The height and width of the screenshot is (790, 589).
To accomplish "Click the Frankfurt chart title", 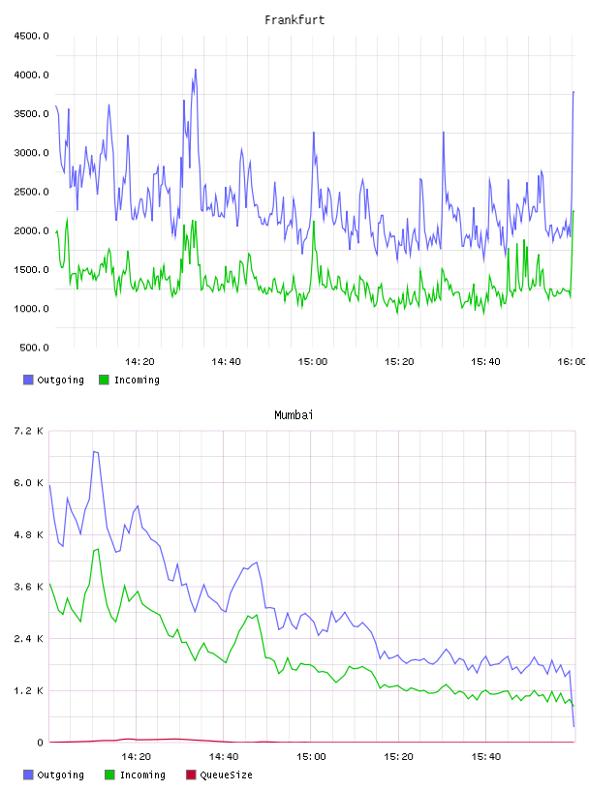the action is (x=294, y=19).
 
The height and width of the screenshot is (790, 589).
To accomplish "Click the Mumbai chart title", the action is (x=294, y=414).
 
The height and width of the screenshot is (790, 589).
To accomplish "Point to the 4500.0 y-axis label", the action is (x=31, y=36).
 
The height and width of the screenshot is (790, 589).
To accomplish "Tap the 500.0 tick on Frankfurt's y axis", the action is (x=34, y=348).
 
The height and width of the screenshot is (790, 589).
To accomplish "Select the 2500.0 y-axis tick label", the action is (x=31, y=192).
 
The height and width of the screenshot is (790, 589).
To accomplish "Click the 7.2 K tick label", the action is (x=29, y=431).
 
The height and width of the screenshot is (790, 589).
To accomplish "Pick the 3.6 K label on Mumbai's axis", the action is (x=29, y=587).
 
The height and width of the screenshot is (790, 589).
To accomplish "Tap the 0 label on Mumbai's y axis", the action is (x=40, y=743).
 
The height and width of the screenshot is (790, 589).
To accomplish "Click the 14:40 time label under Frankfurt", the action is (x=226, y=362).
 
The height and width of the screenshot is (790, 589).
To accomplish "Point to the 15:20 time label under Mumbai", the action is (x=398, y=757).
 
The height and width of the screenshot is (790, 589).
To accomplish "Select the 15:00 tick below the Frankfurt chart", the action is (x=313, y=362).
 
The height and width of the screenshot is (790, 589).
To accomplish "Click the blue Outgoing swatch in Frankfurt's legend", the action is (x=28, y=380).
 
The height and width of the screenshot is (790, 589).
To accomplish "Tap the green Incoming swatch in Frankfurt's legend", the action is (x=104, y=380).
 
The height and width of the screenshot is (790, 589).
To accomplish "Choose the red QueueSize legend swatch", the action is (x=191, y=775).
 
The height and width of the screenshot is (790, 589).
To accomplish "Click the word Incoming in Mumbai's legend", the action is (x=142, y=775).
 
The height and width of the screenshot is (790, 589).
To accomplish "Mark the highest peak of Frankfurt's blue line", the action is (x=196, y=70).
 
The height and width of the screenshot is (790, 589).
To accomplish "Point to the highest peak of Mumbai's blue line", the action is (x=95, y=452).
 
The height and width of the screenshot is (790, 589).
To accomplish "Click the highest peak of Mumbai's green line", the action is (x=98, y=549).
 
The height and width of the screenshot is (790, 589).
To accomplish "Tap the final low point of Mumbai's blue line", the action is (x=573, y=726).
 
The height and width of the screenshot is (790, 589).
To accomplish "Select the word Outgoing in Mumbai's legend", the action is (x=60, y=775).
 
